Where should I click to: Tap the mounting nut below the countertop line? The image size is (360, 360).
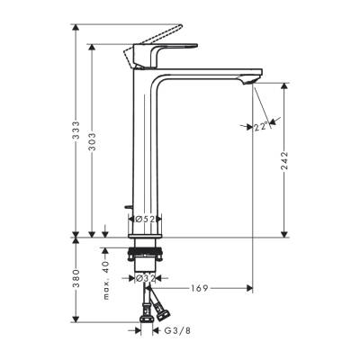pos(148,254)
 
